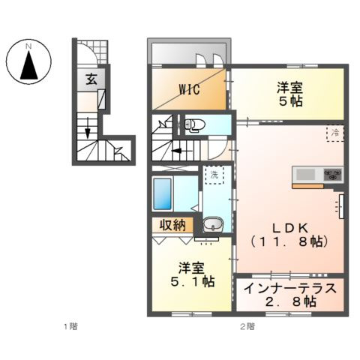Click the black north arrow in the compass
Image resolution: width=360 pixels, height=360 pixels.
coord(29,65)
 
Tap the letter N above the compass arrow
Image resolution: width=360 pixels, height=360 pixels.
coord(29,46)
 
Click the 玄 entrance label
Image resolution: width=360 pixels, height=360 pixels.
coord(91,79)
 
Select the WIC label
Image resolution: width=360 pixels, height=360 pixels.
coord(189,89)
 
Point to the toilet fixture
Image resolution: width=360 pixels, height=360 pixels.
coord(194,124)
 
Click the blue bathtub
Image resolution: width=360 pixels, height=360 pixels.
coord(163,193)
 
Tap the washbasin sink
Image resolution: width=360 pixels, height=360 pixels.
coord(213,223)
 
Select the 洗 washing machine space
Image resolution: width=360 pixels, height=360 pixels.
coord(214,175)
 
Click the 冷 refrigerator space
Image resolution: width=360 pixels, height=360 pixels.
coord(335,133)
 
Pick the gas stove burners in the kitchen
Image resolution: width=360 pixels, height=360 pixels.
coord(333,174)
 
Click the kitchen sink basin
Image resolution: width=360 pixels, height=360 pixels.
coord(305,175)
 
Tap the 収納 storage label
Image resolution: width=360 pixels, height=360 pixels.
coord(172,226)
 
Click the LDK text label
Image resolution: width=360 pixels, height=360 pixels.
coord(289,228)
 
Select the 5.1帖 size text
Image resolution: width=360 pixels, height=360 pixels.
coord(192,282)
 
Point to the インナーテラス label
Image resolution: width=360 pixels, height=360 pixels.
coord(290,289)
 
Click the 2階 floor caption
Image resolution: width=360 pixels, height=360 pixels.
coord(247,326)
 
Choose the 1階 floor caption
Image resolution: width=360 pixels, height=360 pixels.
coord(70,326)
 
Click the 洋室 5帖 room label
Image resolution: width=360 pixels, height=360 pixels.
coord(289,94)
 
